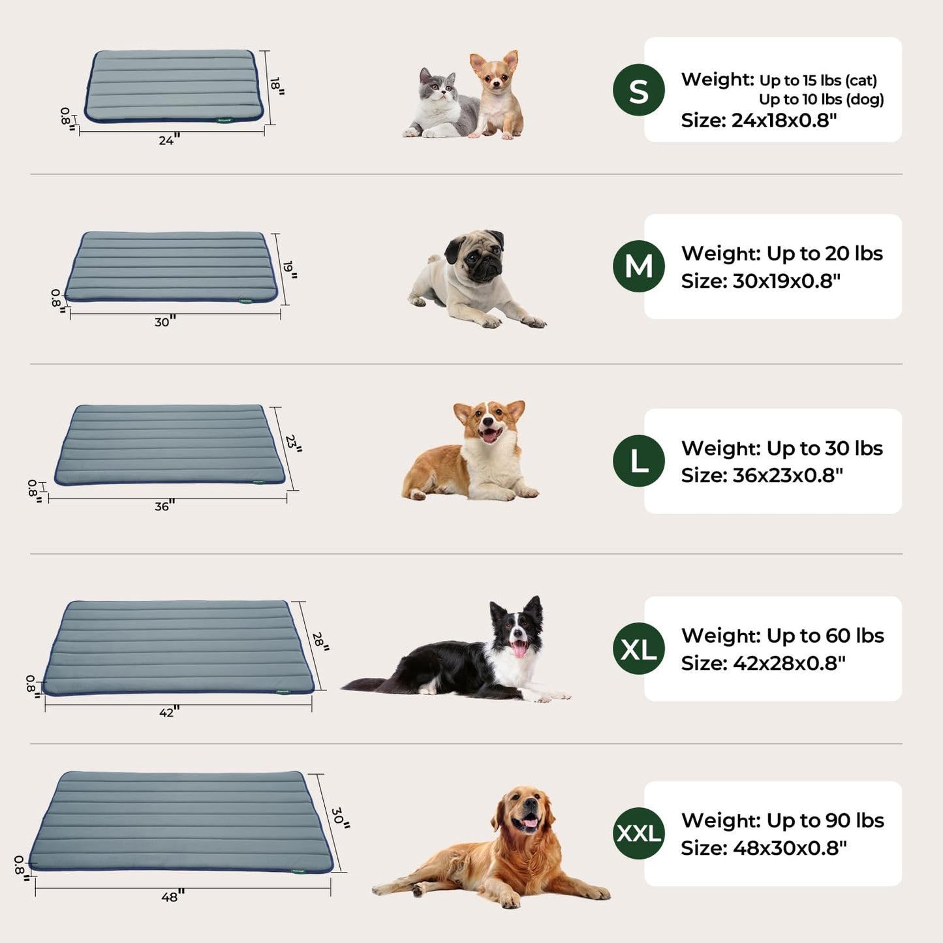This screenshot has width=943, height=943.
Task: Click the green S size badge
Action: (638, 90)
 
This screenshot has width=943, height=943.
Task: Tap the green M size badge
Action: (638, 266)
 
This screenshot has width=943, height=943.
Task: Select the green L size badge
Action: (638, 461)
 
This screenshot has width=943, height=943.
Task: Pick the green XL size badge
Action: (638, 649)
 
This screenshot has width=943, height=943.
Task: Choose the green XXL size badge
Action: (638, 833)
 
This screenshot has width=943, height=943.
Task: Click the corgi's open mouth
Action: (489, 434)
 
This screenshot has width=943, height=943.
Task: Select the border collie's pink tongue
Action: (519, 649)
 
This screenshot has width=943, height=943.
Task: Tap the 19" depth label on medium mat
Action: (290, 269)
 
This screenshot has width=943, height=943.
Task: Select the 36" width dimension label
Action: (164, 506)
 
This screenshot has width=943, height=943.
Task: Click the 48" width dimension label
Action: (172, 897)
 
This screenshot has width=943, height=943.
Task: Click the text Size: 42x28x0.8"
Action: (763, 663)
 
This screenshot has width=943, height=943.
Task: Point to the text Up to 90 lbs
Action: (825, 820)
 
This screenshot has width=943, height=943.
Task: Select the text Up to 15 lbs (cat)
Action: (818, 80)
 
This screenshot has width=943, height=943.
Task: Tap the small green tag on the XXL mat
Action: (300, 869)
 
